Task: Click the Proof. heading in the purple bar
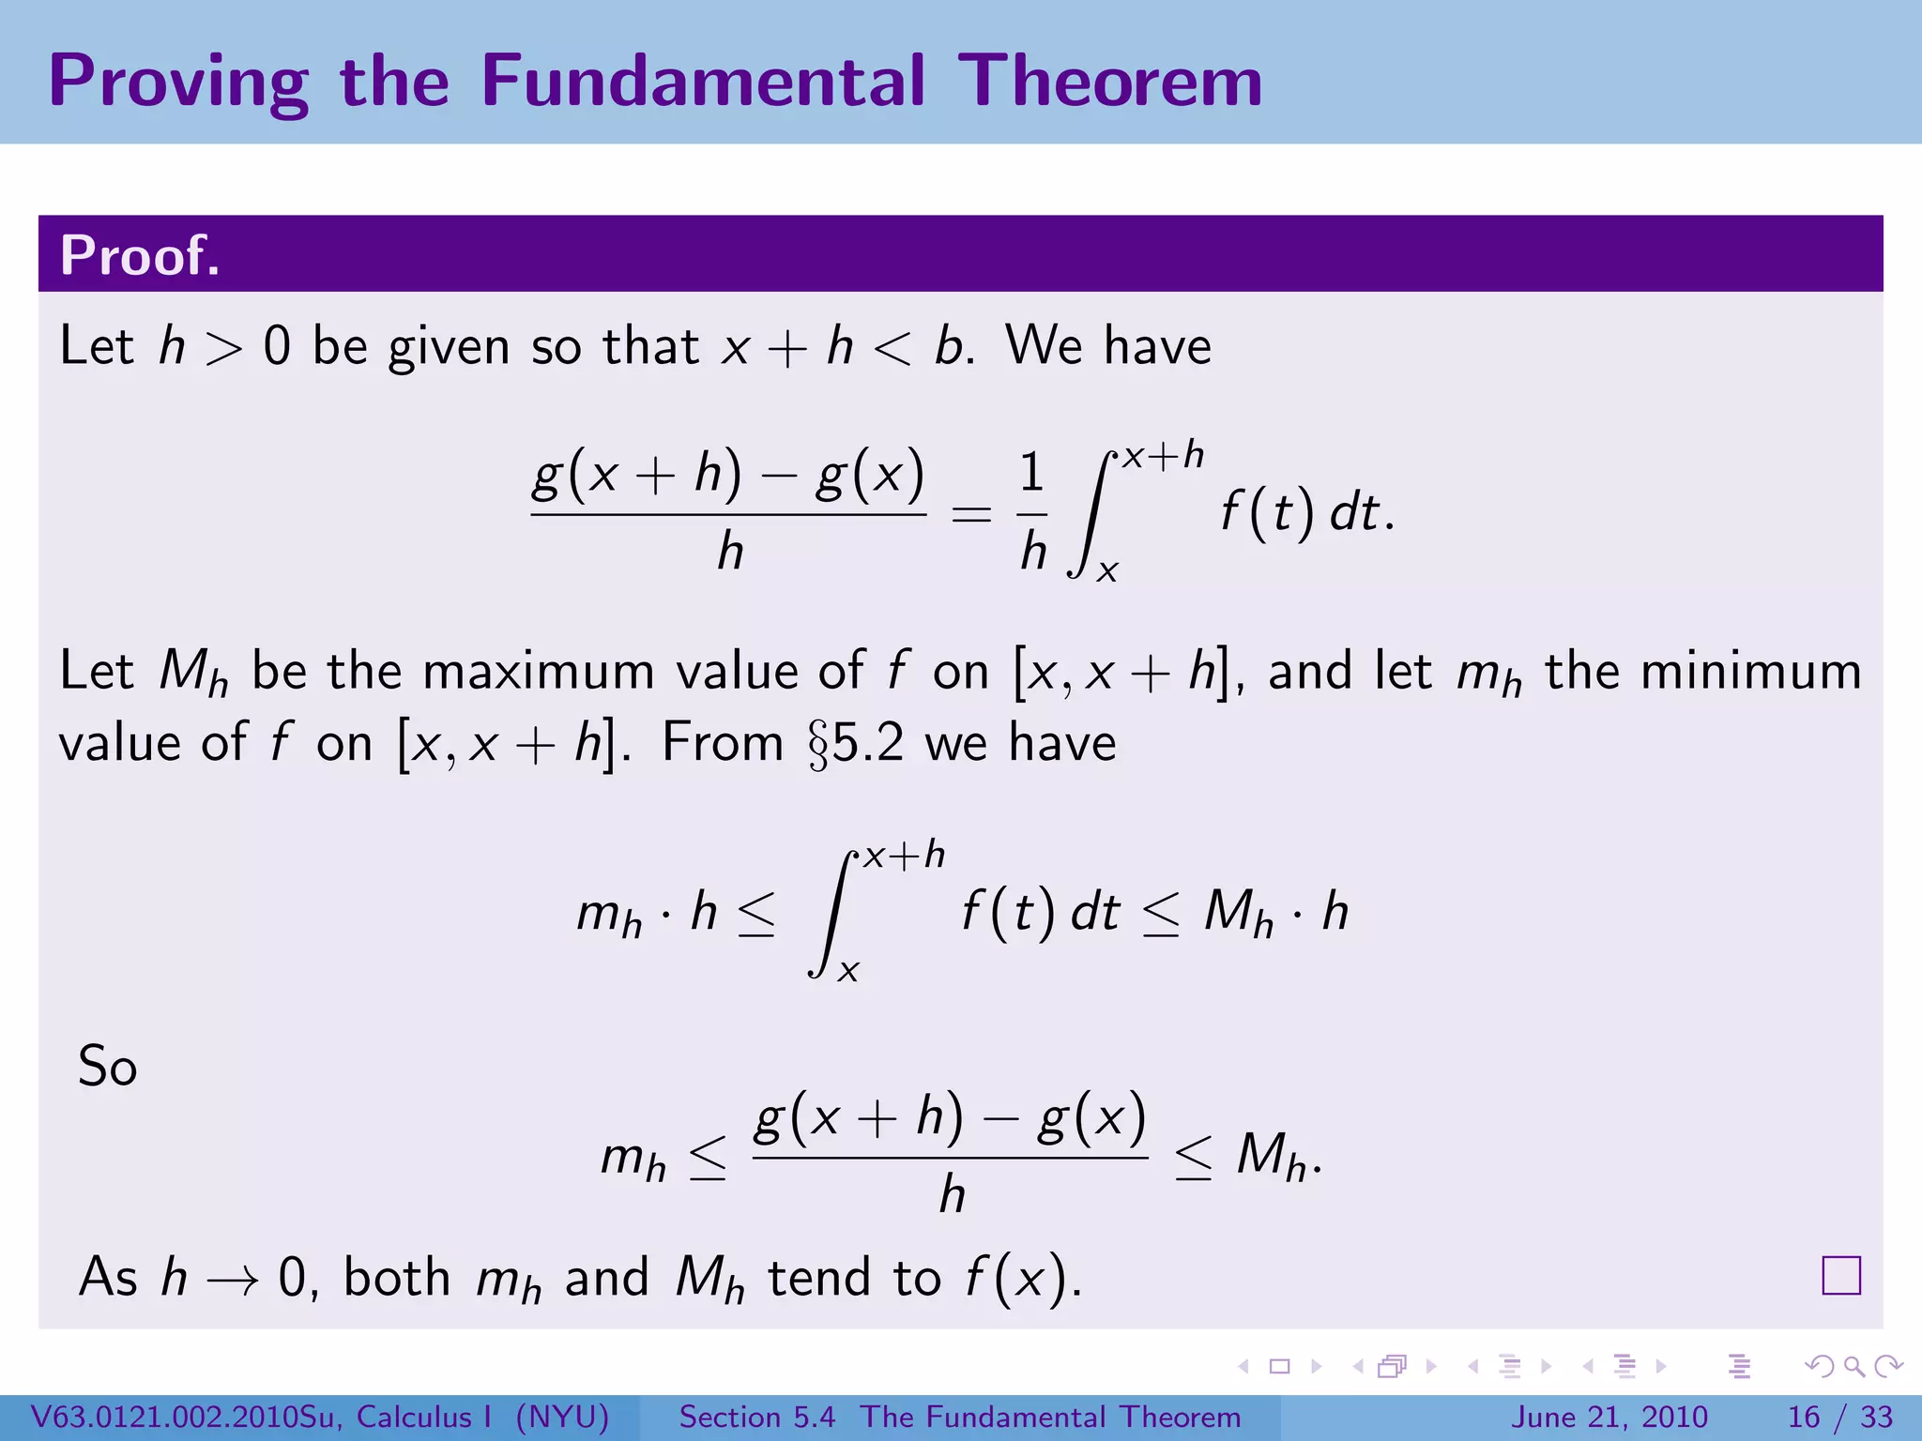pos(140,254)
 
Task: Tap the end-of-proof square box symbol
pos(1840,1276)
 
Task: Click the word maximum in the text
pos(538,672)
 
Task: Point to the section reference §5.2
pos(856,744)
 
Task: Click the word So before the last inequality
pos(107,1067)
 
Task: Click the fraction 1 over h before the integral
pos(1032,512)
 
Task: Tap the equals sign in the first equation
pos(971,514)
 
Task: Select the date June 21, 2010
pos(1609,1417)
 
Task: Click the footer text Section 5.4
pos(756,1417)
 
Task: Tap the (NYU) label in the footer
pos(562,1417)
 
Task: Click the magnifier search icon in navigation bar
pos(1853,1367)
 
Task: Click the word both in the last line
pos(397,1278)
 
